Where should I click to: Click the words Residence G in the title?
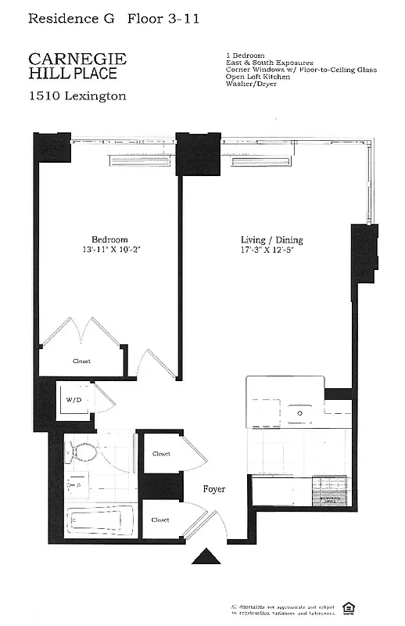coord(67,17)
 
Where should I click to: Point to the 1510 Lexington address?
coord(77,96)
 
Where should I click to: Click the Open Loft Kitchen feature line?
coord(257,76)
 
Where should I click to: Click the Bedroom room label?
coord(109,239)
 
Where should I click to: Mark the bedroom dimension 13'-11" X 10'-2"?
coord(109,250)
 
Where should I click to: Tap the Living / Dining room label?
coord(271,240)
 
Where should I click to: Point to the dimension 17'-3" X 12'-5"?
coord(271,250)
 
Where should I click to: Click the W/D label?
coord(74,399)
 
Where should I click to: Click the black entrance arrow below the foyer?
coord(208,556)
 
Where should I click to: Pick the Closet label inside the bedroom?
coord(81,361)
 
